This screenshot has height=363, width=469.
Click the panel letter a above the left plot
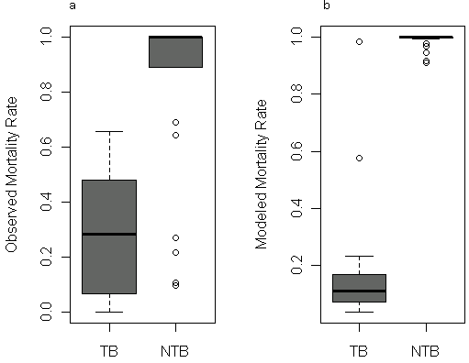coord(73,5)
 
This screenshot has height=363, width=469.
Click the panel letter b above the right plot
coord(327,5)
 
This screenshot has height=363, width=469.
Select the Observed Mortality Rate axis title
coord(11,175)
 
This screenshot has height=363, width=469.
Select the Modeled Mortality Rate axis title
coord(261,174)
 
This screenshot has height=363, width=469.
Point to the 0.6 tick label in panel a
coord(46,147)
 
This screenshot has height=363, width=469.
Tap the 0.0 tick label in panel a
coord(46,312)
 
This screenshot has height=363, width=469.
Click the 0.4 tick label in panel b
coord(296,208)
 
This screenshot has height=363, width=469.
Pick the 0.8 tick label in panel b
coord(296,93)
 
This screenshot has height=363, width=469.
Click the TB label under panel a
coord(109,351)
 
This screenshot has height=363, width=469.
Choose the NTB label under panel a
coord(174,351)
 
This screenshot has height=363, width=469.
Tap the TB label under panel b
coord(359,351)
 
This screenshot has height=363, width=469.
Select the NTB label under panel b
coord(425,351)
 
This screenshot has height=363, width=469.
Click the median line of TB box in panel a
coord(109,234)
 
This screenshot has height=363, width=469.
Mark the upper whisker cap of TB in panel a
coord(109,131)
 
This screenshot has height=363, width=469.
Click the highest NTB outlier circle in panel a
coord(175,122)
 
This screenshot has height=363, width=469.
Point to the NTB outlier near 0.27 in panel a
coord(175,237)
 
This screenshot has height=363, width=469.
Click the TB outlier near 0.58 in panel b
coord(360,158)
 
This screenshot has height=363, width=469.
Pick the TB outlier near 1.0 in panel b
coord(360,41)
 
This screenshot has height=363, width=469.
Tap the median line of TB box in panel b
coord(360,291)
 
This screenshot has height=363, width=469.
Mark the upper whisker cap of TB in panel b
coord(360,256)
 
